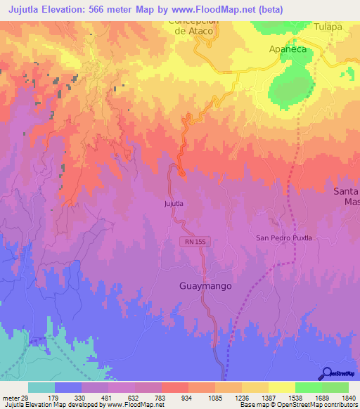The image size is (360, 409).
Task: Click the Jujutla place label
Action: pyautogui.click(x=174, y=204)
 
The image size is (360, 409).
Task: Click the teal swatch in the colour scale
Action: pyautogui.click(x=41, y=387)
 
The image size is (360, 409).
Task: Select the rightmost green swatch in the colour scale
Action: pyautogui.click(x=335, y=387)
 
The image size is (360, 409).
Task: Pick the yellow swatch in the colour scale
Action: pyautogui.click(x=282, y=387)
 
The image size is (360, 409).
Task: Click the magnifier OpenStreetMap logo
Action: pyautogui.click(x=328, y=372)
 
